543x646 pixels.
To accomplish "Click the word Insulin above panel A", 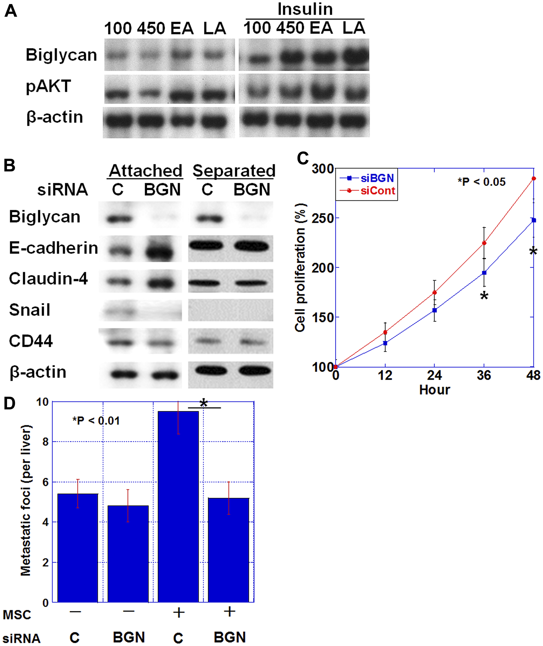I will [305, 9].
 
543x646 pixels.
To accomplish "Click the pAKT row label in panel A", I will [48, 86].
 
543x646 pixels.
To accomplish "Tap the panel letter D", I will [10, 403].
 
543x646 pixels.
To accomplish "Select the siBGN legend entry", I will [377, 178].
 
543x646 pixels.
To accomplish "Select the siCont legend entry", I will [377, 191].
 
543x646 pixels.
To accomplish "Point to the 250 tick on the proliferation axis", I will [322, 218].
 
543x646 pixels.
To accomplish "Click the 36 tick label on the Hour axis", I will [484, 375].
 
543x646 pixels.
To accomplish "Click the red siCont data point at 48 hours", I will [534, 179].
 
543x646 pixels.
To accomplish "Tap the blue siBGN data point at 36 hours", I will [484, 273].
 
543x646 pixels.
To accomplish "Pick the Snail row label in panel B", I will [30, 310].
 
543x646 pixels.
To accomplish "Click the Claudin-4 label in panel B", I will [48, 278].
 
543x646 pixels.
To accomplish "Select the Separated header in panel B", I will [234, 170].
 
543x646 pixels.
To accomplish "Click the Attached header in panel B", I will [146, 170].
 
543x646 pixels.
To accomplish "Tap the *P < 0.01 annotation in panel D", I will [96, 420].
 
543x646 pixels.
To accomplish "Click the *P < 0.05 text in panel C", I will [481, 182].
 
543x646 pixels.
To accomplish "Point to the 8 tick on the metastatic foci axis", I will [46, 442].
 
